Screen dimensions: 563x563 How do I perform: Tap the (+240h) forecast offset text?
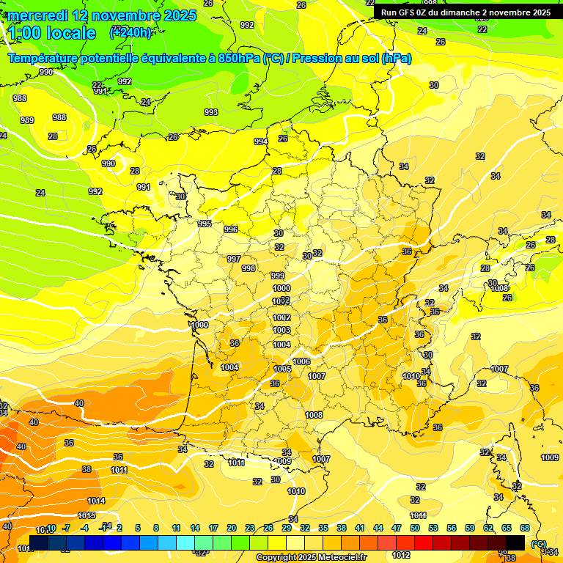point(130,32)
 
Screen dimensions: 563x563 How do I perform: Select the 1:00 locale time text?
point(52,33)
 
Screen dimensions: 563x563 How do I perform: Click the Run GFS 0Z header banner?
point(466,12)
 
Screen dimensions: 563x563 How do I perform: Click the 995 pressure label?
point(205,224)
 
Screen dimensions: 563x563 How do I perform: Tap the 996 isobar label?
point(231,229)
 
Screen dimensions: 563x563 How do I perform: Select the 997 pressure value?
point(234,259)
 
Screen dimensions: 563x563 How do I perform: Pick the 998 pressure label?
point(249,268)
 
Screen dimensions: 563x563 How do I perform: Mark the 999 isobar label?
point(278,276)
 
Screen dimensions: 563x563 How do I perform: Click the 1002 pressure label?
point(281,317)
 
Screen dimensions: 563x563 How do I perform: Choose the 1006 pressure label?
point(301,361)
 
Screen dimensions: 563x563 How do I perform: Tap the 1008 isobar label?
point(314,415)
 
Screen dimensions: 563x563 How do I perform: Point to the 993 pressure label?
point(211,112)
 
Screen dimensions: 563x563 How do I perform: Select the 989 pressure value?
point(27,120)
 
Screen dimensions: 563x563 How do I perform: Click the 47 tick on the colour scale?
point(397,528)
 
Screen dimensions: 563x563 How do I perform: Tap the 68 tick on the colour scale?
point(525,528)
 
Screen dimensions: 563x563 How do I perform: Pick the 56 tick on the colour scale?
point(452,528)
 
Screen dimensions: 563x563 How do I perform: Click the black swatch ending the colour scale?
point(515,542)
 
